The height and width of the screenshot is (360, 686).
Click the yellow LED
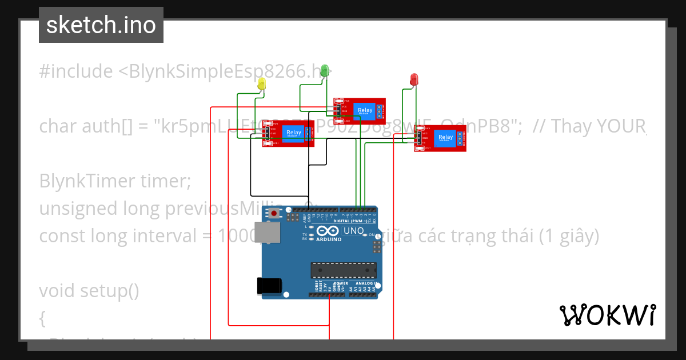coord(262,84)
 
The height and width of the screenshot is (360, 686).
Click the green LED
coord(325,70)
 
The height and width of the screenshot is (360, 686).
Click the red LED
coord(414,79)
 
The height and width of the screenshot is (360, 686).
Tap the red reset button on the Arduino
coord(275,214)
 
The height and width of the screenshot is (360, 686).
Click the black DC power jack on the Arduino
coord(270,286)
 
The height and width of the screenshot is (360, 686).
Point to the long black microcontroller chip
coord(343,270)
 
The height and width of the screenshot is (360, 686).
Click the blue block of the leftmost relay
coord(294,134)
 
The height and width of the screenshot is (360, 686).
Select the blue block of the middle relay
coord(364,110)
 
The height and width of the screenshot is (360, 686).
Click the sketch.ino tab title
coord(101,25)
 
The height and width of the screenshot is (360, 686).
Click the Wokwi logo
coord(608,315)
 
